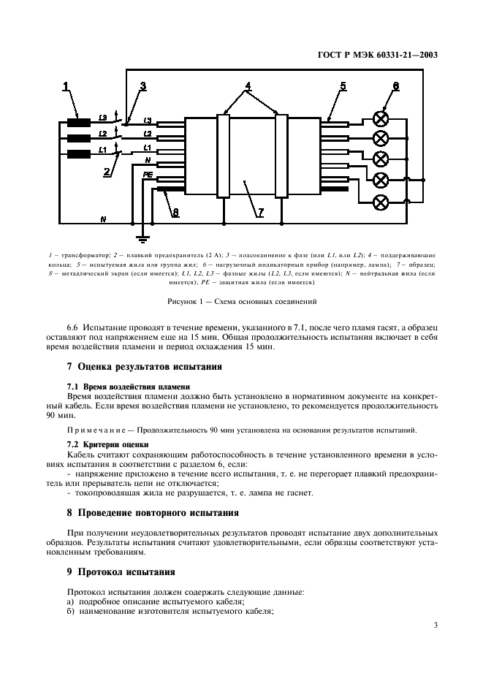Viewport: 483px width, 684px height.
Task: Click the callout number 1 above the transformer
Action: click(66, 87)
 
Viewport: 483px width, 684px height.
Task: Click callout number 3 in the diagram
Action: click(143, 86)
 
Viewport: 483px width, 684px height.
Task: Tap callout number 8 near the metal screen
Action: click(175, 213)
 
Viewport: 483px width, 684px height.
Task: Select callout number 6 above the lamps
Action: click(395, 87)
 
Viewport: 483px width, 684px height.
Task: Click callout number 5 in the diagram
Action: click(343, 87)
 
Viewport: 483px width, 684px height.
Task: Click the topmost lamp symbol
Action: click(380, 118)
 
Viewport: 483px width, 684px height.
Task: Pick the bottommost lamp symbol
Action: click(380, 201)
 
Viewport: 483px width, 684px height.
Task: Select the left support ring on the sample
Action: click(224, 155)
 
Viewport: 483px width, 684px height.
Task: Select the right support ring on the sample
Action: click(281, 155)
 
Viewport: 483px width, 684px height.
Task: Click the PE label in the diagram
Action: click(148, 175)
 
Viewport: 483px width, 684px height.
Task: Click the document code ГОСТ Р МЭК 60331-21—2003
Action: click(383, 53)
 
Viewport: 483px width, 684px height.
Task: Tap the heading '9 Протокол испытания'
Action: click(121, 571)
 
